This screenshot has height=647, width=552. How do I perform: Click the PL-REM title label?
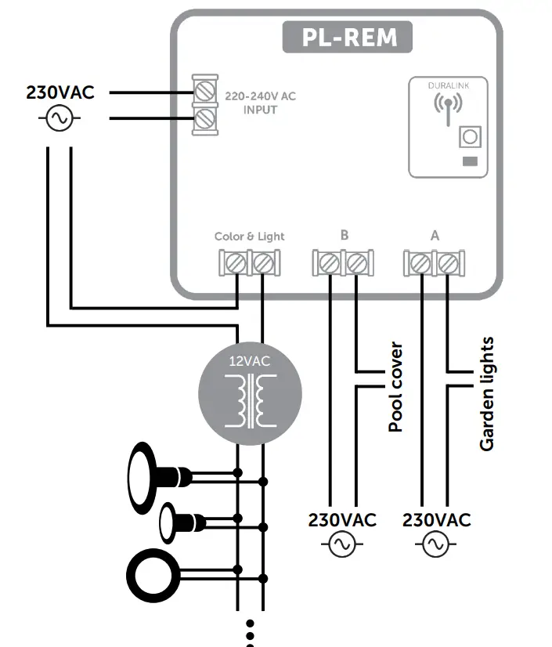click(347, 37)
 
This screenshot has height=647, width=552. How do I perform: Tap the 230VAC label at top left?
click(60, 92)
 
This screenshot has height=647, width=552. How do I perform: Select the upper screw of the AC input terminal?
click(206, 91)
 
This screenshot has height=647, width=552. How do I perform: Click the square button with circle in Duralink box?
click(469, 138)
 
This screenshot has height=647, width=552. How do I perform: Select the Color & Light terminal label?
click(250, 236)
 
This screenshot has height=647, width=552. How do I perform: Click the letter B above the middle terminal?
click(344, 234)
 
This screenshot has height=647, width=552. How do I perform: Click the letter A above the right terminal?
click(435, 234)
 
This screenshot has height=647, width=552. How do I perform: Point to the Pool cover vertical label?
click(395, 387)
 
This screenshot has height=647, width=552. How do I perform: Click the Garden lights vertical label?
click(487, 393)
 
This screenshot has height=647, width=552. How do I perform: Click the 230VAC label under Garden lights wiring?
click(437, 520)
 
